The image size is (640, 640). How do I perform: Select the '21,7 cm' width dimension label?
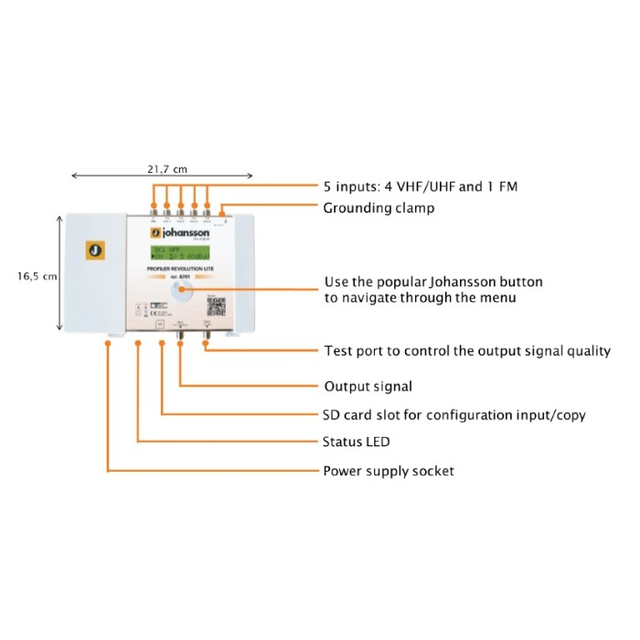coord(167,168)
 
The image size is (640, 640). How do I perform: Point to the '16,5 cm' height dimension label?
coord(37,275)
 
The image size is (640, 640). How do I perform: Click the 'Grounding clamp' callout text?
coord(379,208)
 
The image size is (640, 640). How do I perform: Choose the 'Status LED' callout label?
coord(357,443)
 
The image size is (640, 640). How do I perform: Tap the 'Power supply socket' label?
coord(389,471)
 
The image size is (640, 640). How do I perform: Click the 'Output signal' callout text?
coord(368,387)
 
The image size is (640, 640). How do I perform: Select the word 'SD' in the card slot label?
coord(334,415)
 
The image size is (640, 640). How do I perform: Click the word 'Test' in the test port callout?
coord(338,351)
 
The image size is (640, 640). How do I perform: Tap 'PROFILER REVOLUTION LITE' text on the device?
coord(183,270)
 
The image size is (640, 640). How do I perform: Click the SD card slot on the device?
coord(161,325)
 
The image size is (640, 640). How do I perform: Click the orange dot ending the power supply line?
coord(108,344)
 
